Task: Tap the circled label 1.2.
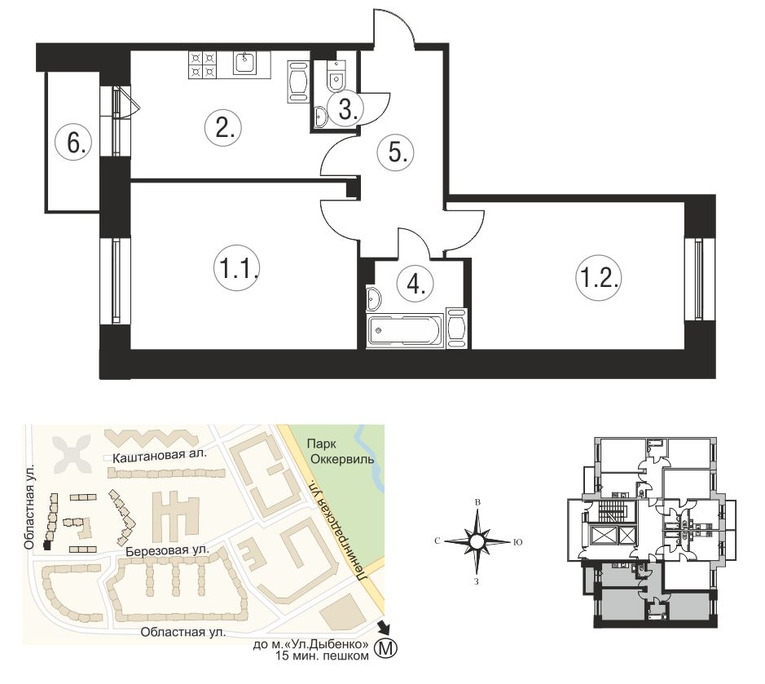click(x=599, y=278)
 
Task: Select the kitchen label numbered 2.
click(x=222, y=128)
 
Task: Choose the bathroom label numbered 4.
click(x=415, y=284)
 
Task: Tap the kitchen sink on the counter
click(x=244, y=63)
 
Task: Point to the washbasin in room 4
click(x=373, y=298)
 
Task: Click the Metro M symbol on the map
click(x=385, y=648)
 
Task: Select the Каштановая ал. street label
click(x=160, y=457)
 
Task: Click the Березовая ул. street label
click(x=167, y=551)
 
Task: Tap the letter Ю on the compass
click(x=518, y=542)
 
